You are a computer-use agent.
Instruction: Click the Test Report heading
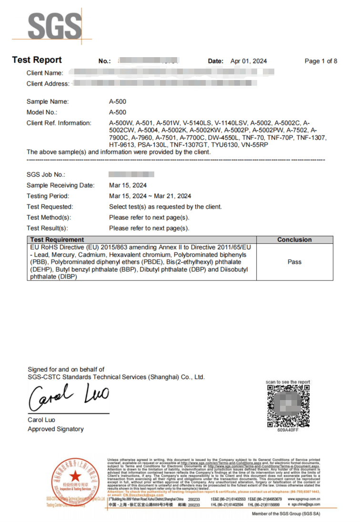(x=37, y=60)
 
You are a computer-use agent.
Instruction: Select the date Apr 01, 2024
(x=249, y=61)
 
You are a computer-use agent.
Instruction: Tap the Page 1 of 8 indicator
(x=320, y=61)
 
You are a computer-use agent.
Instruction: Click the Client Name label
(x=45, y=73)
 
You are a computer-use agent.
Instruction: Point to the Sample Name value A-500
(x=118, y=101)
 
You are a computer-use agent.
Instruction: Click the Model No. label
(x=42, y=112)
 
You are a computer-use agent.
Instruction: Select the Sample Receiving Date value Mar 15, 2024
(x=128, y=185)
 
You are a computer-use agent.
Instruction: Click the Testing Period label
(x=48, y=196)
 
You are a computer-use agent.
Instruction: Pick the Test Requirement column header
(x=57, y=240)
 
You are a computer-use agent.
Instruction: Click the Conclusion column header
(x=294, y=240)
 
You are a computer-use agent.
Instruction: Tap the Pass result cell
(x=294, y=262)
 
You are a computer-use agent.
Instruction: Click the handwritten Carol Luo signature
(x=69, y=397)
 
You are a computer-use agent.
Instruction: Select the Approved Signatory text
(x=55, y=429)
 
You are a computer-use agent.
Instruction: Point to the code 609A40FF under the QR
(x=288, y=430)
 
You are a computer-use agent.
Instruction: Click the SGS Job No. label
(x=46, y=174)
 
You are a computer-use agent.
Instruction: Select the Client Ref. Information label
(x=59, y=123)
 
